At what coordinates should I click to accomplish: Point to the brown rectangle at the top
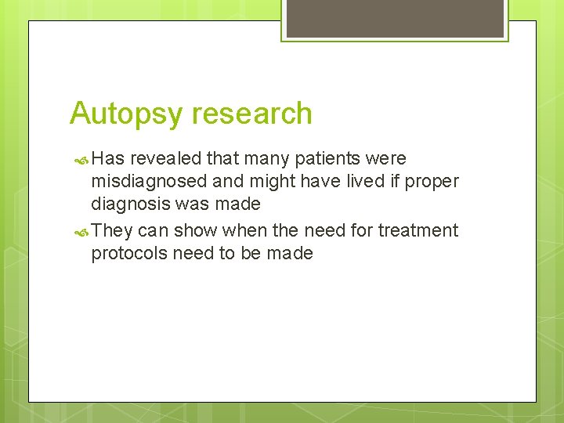(x=395, y=18)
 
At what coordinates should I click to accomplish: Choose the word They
(x=112, y=230)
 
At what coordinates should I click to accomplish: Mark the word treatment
(x=418, y=230)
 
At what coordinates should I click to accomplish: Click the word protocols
(x=129, y=253)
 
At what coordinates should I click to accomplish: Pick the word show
(x=196, y=230)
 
